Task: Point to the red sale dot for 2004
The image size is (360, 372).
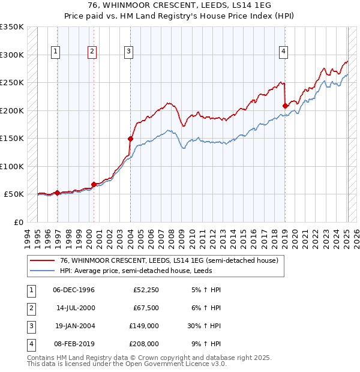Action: pyautogui.click(x=130, y=139)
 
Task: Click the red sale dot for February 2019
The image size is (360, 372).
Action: pyautogui.click(x=285, y=106)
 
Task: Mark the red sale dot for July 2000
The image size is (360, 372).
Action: pyautogui.click(x=94, y=184)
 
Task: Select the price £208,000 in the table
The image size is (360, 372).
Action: pyautogui.click(x=144, y=344)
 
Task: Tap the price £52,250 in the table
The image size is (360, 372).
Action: pyautogui.click(x=145, y=290)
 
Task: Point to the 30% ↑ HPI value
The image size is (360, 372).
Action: pyautogui.click(x=203, y=326)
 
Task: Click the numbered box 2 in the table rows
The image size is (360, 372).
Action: pyautogui.click(x=31, y=308)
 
